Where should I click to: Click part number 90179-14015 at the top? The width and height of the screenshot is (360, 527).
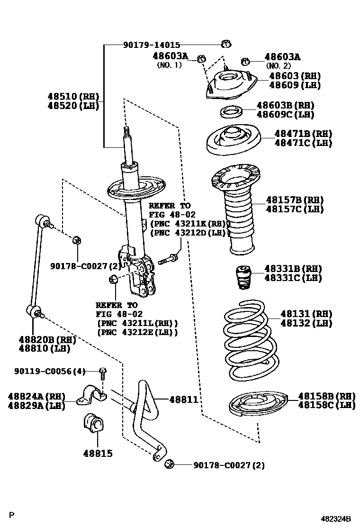coord(152,45)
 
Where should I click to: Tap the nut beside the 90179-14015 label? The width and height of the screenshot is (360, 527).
coord(226,45)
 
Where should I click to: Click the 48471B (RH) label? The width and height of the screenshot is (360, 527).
coord(303,134)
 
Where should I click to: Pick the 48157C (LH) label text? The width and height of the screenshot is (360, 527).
coord(293,209)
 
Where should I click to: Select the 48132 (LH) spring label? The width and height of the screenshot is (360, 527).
coord(306,323)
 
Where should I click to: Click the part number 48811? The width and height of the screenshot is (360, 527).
coord(183,400)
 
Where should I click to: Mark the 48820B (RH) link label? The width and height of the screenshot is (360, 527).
coord(47,339)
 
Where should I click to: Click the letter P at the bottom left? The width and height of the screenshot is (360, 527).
coord(13,515)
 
